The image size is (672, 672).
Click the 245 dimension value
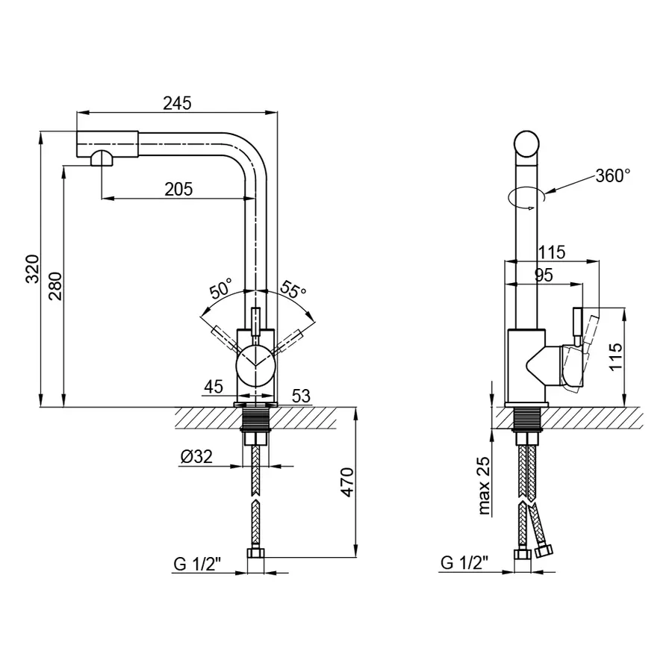(177, 103)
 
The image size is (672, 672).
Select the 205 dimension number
(178, 189)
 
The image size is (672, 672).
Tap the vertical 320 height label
(33, 269)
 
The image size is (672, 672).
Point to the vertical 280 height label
(55, 286)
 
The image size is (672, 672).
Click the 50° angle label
(221, 287)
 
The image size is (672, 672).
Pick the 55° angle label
(293, 289)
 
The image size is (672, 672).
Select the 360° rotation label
(613, 175)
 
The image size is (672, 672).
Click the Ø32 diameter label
(196, 456)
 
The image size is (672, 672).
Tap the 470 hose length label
(347, 482)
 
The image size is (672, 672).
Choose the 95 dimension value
(544, 275)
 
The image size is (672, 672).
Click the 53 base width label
(301, 396)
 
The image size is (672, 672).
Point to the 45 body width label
(214, 387)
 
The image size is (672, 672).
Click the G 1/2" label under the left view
(196, 564)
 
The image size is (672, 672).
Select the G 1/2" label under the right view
(464, 563)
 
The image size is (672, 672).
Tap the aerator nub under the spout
(102, 158)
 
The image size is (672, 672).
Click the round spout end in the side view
(526, 143)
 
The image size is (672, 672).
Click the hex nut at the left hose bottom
(256, 553)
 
